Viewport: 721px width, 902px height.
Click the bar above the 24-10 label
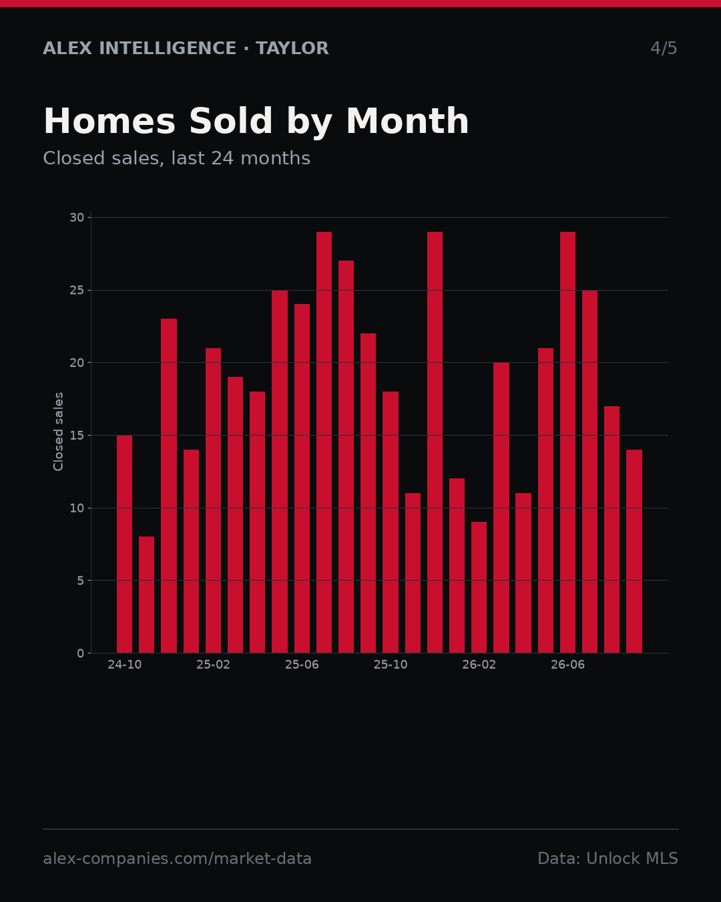click(124, 544)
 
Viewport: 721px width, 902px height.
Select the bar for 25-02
click(213, 500)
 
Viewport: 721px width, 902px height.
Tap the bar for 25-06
click(302, 478)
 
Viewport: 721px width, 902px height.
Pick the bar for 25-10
click(391, 522)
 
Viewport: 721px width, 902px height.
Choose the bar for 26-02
click(479, 587)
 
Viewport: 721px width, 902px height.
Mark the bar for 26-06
click(567, 442)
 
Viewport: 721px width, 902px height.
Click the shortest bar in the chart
click(147, 595)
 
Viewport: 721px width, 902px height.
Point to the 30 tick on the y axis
click(77, 218)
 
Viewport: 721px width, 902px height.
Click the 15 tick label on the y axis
click(77, 436)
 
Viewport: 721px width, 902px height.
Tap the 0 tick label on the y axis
click(81, 653)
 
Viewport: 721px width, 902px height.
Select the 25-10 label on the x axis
click(391, 665)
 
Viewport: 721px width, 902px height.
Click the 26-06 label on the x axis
click(567, 665)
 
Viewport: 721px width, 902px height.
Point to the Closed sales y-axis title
click(58, 432)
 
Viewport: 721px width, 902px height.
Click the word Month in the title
click(407, 121)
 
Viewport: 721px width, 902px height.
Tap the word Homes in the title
click(109, 121)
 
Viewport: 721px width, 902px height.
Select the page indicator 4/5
click(664, 48)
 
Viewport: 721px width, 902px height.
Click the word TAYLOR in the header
click(292, 48)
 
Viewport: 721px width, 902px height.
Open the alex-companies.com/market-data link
click(177, 859)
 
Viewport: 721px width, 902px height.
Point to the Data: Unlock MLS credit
click(608, 859)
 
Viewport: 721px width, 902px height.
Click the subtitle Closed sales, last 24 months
click(177, 158)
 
